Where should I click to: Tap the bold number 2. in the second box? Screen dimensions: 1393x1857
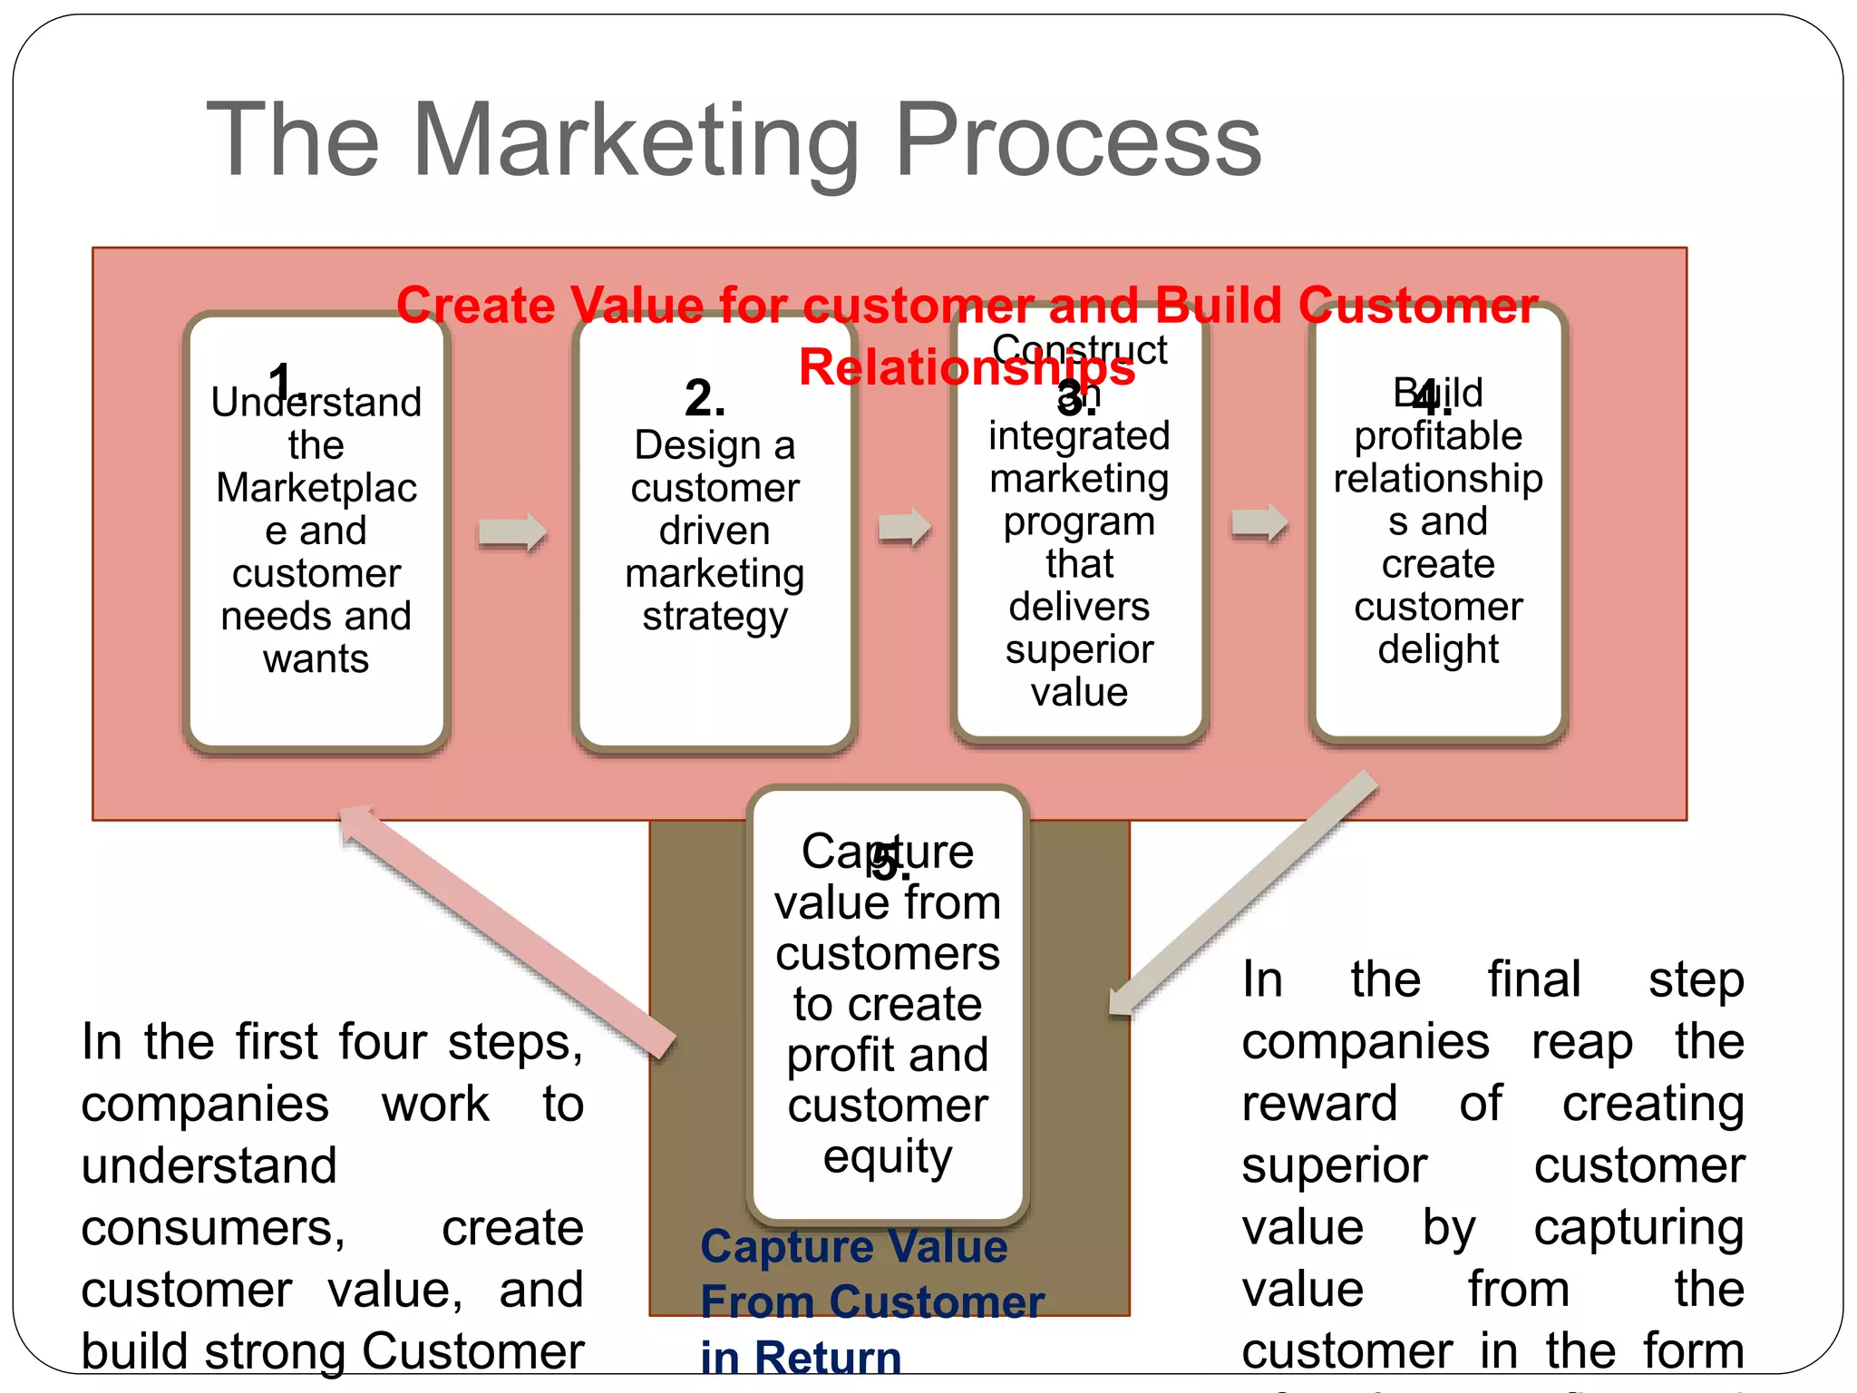pos(705,398)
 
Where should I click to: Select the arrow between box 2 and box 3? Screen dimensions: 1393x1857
pos(904,527)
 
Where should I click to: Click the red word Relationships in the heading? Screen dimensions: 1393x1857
pos(967,368)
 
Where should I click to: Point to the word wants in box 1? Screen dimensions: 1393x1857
pos(316,659)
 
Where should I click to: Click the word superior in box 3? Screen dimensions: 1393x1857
pos(1079,649)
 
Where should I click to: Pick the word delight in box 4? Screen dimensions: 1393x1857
pos(1438,649)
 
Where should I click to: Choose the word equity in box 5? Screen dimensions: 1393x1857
pos(888,1157)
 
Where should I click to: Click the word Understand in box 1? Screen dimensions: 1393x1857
pos(316,403)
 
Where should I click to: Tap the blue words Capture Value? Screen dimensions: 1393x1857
pos(853,1247)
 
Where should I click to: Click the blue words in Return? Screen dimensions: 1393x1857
pos(801,1358)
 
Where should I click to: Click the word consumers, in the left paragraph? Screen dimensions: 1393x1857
pos(213,1229)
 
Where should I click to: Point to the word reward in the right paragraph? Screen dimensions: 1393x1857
pos(1319,1105)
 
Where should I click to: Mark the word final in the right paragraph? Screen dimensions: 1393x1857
pos(1533,980)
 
